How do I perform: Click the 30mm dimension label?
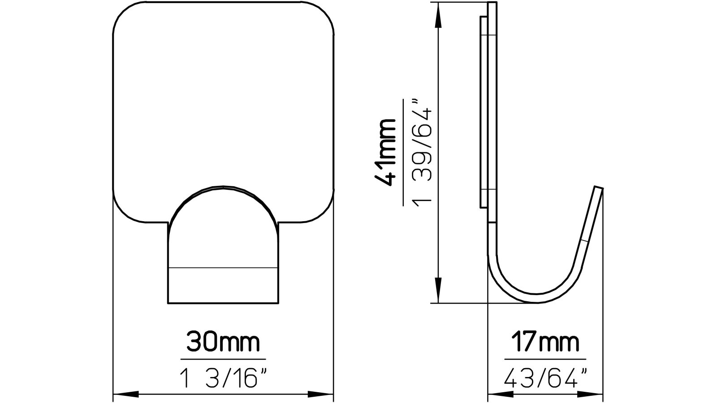coord(223,343)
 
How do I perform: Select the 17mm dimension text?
coord(545,343)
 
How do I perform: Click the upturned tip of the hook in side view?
coord(598,189)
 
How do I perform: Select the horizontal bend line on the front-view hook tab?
coord(223,268)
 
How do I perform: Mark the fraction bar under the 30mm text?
coord(223,359)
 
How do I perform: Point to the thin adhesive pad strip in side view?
coord(484,112)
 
